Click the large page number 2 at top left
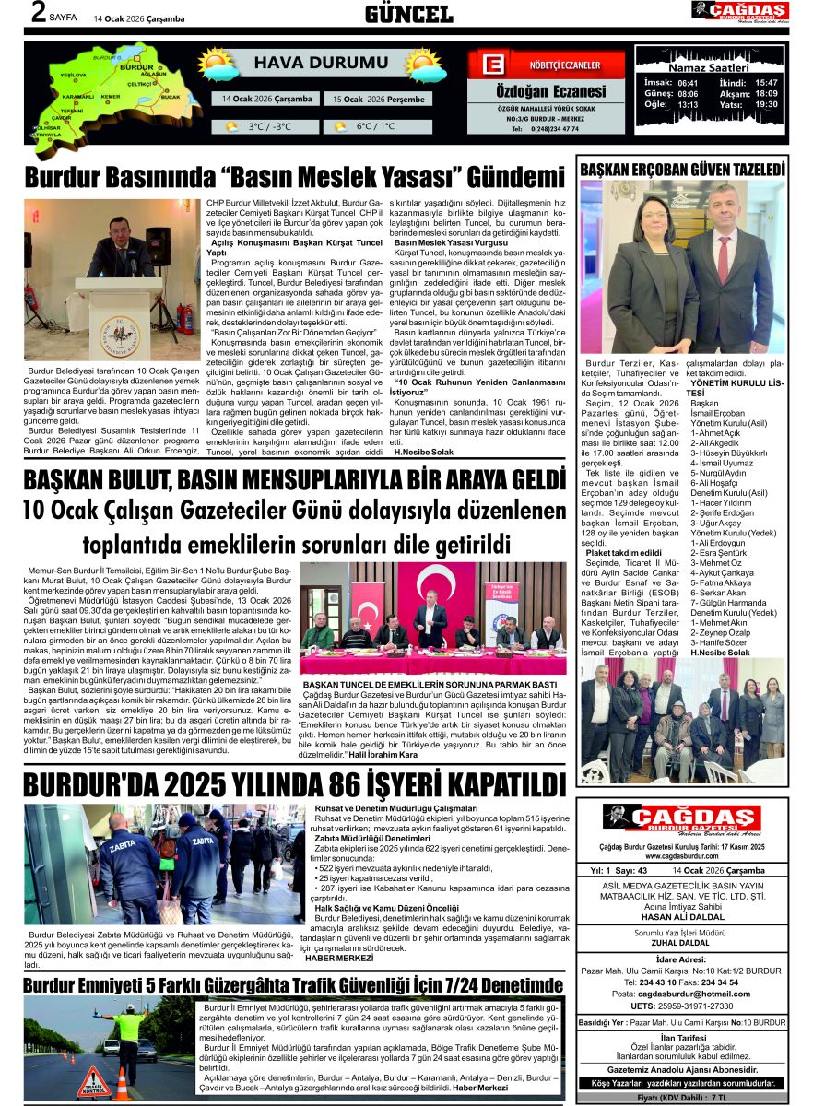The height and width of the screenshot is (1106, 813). (38, 12)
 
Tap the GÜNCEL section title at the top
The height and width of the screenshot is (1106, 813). (408, 14)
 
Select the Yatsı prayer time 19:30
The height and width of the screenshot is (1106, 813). (766, 104)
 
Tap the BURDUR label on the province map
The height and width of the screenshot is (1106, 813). (137, 67)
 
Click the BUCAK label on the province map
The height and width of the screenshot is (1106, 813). (171, 96)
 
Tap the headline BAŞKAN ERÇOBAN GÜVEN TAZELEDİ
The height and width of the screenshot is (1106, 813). (682, 170)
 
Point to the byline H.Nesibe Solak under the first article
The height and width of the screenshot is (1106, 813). (423, 453)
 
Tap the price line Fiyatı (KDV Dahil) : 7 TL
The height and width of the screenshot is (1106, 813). (682, 1098)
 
